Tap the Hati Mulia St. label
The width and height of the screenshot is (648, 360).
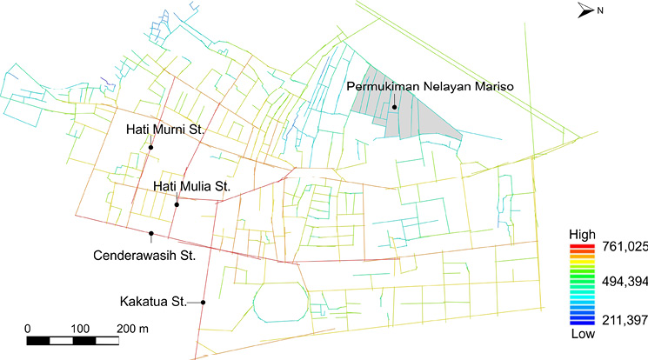click(190, 186)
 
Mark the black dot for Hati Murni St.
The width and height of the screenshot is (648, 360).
click(150, 148)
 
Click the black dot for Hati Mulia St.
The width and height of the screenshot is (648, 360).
click(177, 204)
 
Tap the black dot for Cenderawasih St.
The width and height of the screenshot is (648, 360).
click(150, 234)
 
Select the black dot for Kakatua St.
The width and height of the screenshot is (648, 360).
click(203, 303)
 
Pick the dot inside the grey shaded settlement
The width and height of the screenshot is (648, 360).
click(394, 108)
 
